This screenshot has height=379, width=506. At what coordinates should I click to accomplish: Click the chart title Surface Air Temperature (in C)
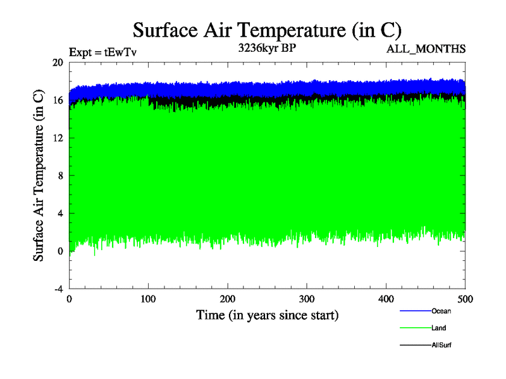pyautogui.click(x=267, y=30)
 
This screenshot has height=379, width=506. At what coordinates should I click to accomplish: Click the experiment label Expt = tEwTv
pyautogui.click(x=102, y=52)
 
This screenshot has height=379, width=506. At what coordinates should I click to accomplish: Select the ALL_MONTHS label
pyautogui.click(x=426, y=49)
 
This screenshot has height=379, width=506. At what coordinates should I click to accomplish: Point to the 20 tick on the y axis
pyautogui.click(x=57, y=63)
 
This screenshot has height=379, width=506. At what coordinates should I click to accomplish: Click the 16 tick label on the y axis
pyautogui.click(x=57, y=100)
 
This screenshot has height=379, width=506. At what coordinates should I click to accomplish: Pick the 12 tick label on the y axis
pyautogui.click(x=57, y=138)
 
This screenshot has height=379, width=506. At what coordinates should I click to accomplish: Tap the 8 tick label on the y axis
pyautogui.click(x=59, y=176)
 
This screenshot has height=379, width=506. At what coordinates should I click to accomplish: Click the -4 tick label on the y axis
pyautogui.click(x=57, y=289)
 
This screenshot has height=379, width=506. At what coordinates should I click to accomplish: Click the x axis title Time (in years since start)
pyautogui.click(x=267, y=315)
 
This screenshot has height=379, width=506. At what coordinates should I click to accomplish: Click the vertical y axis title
pyautogui.click(x=39, y=176)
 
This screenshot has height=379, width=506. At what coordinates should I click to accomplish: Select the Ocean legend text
pyautogui.click(x=441, y=311)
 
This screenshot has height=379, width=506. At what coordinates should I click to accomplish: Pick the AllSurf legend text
pyautogui.click(x=441, y=345)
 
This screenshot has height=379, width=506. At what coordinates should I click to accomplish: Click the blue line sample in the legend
pyautogui.click(x=415, y=311)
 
